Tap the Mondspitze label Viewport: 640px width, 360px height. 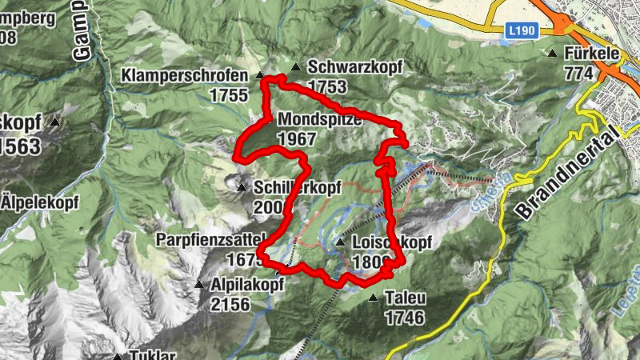(x=320, y=120)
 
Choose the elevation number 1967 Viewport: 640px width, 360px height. (x=297, y=138)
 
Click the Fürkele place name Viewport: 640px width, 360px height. (x=594, y=54)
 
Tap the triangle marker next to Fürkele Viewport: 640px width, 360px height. (x=552, y=54)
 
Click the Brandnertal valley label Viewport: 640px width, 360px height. (x=569, y=175)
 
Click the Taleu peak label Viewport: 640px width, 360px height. (x=405, y=298)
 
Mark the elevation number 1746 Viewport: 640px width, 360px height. (x=403, y=318)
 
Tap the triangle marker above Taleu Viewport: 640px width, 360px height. (x=374, y=298)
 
